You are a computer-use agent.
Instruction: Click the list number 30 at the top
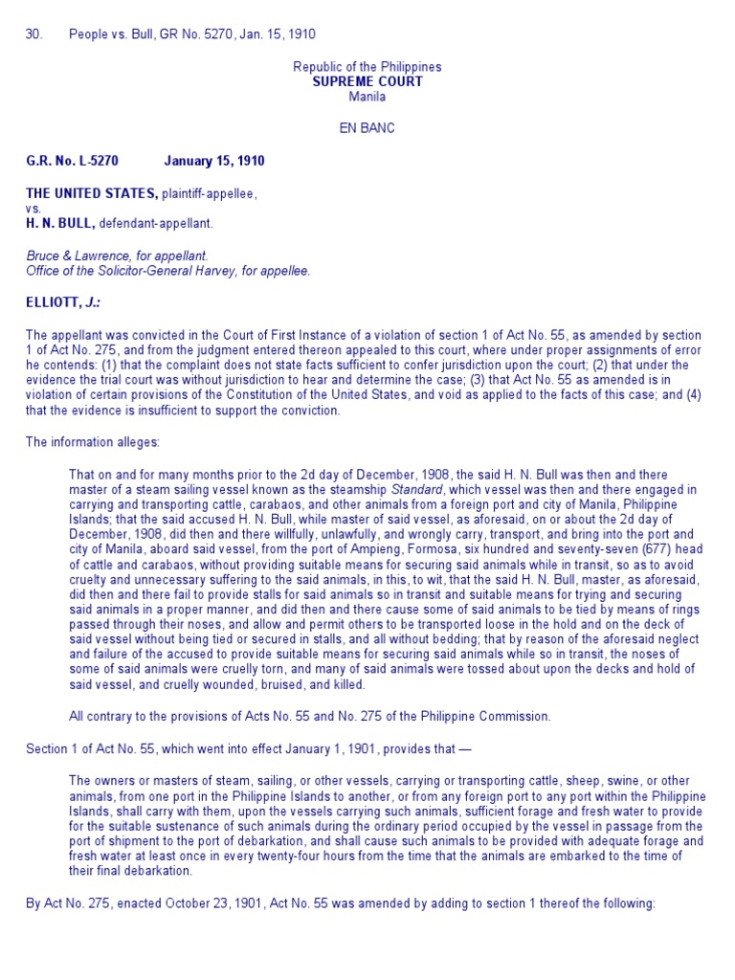[34, 34]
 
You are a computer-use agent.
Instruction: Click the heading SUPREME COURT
[367, 81]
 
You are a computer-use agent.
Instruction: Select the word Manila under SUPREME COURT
[367, 97]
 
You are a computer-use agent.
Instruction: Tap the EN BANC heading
[367, 127]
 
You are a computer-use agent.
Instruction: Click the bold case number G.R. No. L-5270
[75, 161]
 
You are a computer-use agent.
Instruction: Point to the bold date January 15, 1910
[214, 161]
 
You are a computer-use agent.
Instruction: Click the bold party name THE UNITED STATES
[92, 193]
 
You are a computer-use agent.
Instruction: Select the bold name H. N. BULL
[61, 223]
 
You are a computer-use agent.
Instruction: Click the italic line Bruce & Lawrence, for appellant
[117, 256]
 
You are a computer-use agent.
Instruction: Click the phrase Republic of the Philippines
[367, 67]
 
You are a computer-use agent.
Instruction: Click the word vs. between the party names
[33, 208]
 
